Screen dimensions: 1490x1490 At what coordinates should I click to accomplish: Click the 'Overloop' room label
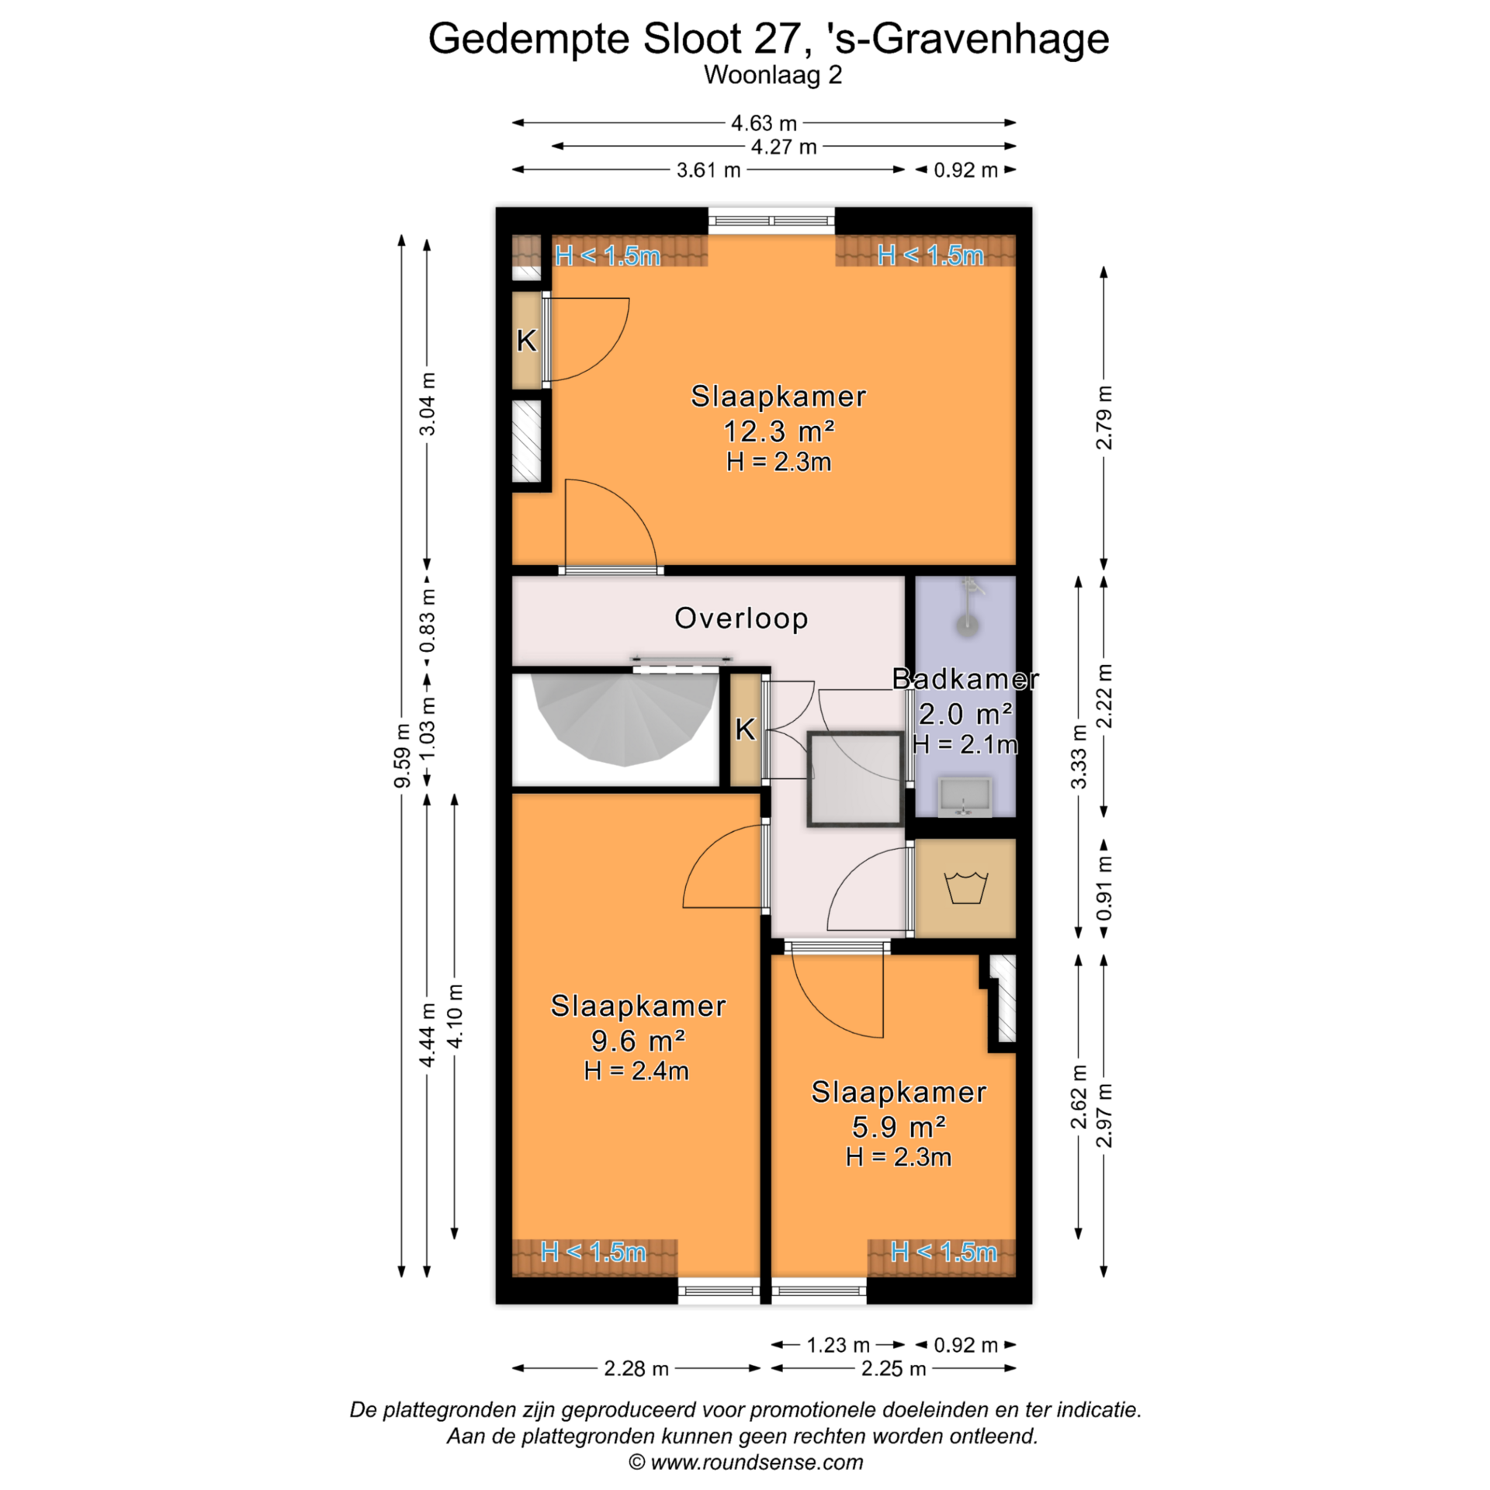pyautogui.click(x=741, y=619)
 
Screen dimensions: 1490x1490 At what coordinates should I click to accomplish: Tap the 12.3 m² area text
pyautogui.click(x=778, y=431)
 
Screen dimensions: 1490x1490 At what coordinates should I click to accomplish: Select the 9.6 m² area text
pyautogui.click(x=638, y=1040)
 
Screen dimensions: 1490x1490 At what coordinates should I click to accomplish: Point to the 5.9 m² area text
pyautogui.click(x=899, y=1126)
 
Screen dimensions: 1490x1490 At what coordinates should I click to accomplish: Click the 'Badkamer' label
pyautogui.click(x=965, y=679)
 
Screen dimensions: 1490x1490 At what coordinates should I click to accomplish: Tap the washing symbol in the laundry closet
pyautogui.click(x=965, y=888)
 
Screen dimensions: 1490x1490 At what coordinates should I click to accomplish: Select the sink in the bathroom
pyautogui.click(x=965, y=798)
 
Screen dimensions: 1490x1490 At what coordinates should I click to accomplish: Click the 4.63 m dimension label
pyautogui.click(x=764, y=123)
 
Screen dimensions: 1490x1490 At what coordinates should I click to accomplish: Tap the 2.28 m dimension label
pyautogui.click(x=636, y=1368)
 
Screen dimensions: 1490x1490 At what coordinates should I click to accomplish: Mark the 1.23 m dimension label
pyautogui.click(x=838, y=1345)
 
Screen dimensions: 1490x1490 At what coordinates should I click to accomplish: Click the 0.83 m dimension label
pyautogui.click(x=427, y=621)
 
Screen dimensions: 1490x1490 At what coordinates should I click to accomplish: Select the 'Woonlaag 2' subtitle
pyautogui.click(x=773, y=75)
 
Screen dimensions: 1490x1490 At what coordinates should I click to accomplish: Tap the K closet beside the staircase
pyautogui.click(x=745, y=729)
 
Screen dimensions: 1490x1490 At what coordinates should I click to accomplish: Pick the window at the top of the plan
pyautogui.click(x=771, y=222)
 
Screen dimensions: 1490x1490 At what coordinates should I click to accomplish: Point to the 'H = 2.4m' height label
pyautogui.click(x=636, y=1071)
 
